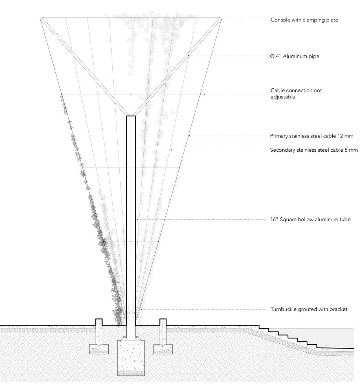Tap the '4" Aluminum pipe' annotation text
[294, 57]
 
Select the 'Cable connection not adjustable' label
[296, 94]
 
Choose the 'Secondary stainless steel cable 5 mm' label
[314, 150]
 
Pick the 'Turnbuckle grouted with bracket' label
[309, 310]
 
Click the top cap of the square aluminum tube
[131, 117]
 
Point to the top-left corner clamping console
[42, 19]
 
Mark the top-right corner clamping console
[220, 19]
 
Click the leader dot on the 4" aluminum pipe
[188, 56]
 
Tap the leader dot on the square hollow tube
[137, 220]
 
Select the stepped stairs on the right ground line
[285, 336]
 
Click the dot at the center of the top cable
[131, 18]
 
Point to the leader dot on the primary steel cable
[189, 136]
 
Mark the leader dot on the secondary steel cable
[171, 150]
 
